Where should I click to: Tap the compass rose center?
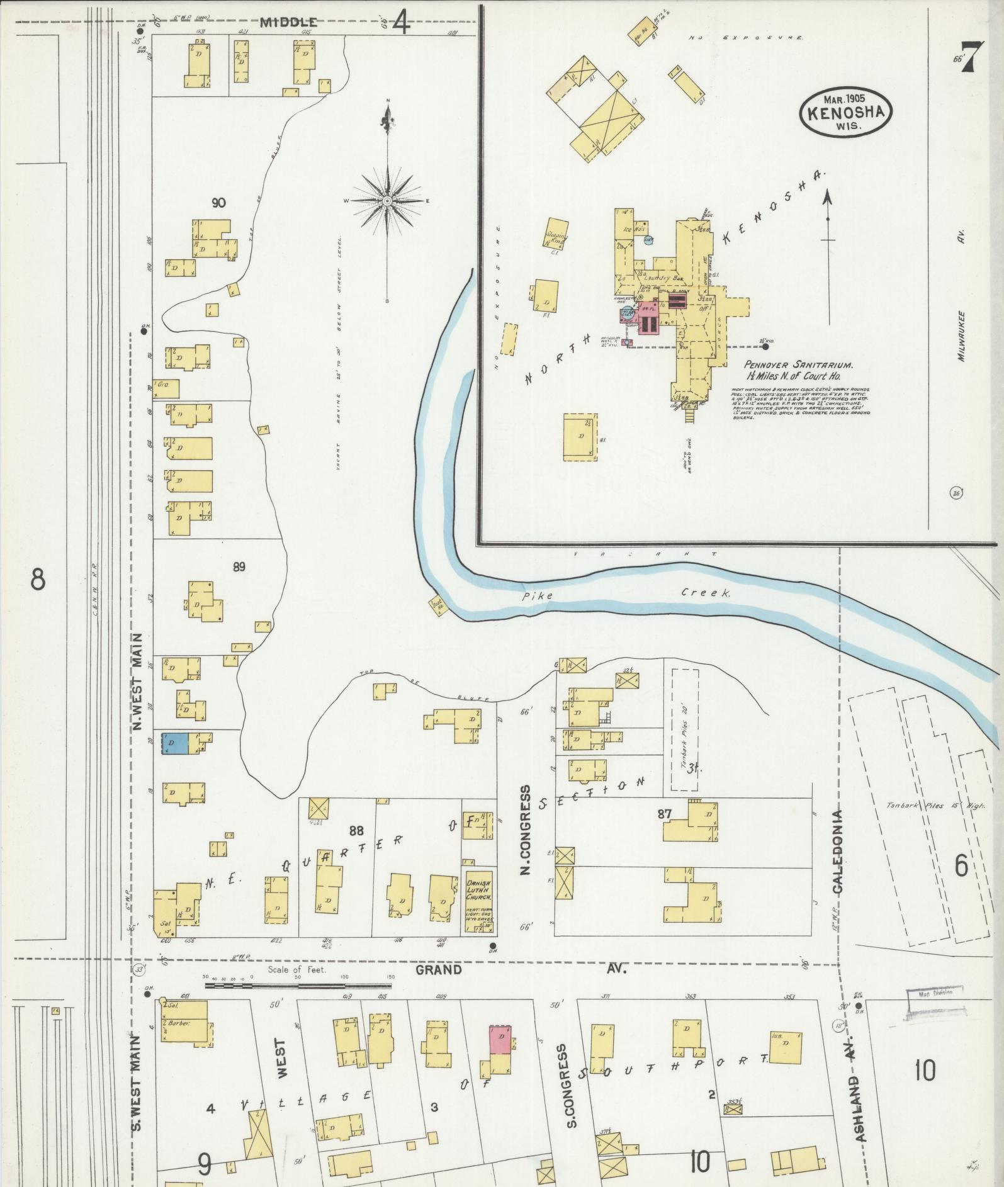click(x=387, y=201)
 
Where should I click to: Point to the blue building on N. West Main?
click(x=174, y=743)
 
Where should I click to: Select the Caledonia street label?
click(x=838, y=851)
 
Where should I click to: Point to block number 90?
click(x=218, y=203)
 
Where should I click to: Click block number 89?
click(x=239, y=566)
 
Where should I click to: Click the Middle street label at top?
click(x=288, y=23)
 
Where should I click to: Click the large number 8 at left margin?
click(x=38, y=579)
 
